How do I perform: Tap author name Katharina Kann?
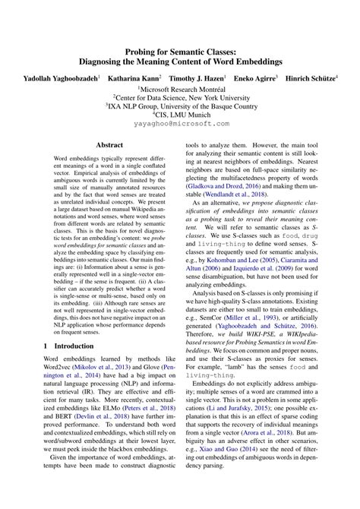[134, 77]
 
